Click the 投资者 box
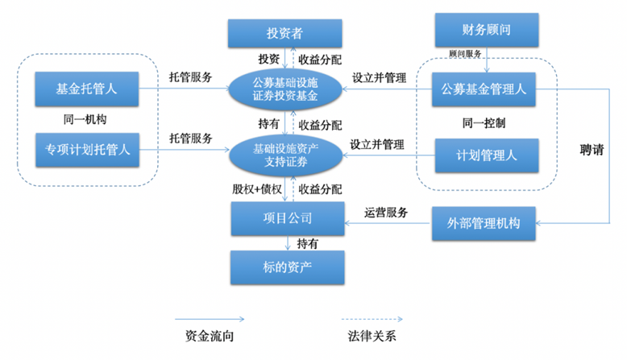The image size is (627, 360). (284, 33)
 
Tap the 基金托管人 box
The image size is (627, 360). (86, 89)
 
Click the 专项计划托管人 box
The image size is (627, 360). (86, 149)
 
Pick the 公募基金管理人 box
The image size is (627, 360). (485, 89)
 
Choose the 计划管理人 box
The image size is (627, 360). (485, 155)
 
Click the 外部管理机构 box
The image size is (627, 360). (485, 222)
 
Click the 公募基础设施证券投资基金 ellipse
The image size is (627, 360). (284, 89)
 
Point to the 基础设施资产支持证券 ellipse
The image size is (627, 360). (284, 155)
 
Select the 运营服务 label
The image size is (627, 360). (385, 213)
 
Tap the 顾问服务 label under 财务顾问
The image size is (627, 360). (465, 54)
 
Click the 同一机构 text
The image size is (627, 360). (85, 119)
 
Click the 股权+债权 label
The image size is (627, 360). (255, 189)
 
